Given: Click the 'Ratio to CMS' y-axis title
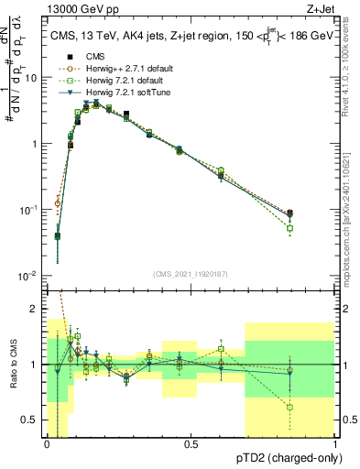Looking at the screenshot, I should click(x=13, y=365).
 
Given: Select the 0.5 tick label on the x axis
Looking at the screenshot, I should click(x=191, y=443).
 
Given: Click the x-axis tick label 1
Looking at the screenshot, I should click(x=335, y=443).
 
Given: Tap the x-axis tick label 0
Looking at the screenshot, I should click(x=47, y=443).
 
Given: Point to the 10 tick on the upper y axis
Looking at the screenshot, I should click(x=33, y=78).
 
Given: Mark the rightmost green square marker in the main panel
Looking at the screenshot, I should click(x=289, y=228).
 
